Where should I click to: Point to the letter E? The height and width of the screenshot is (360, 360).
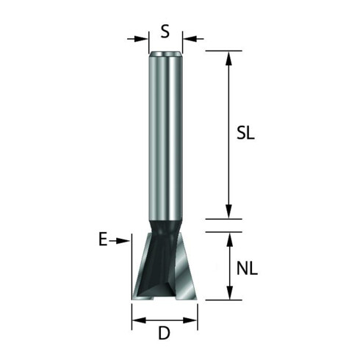pyautogui.click(x=103, y=240)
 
